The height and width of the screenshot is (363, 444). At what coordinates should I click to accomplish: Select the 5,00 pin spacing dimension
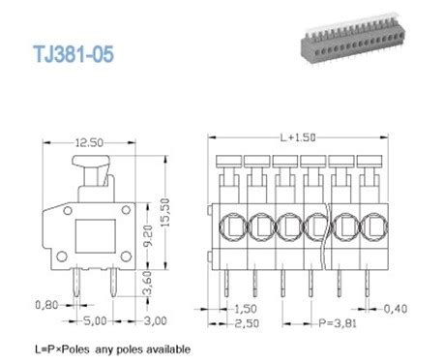[x=93, y=321]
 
